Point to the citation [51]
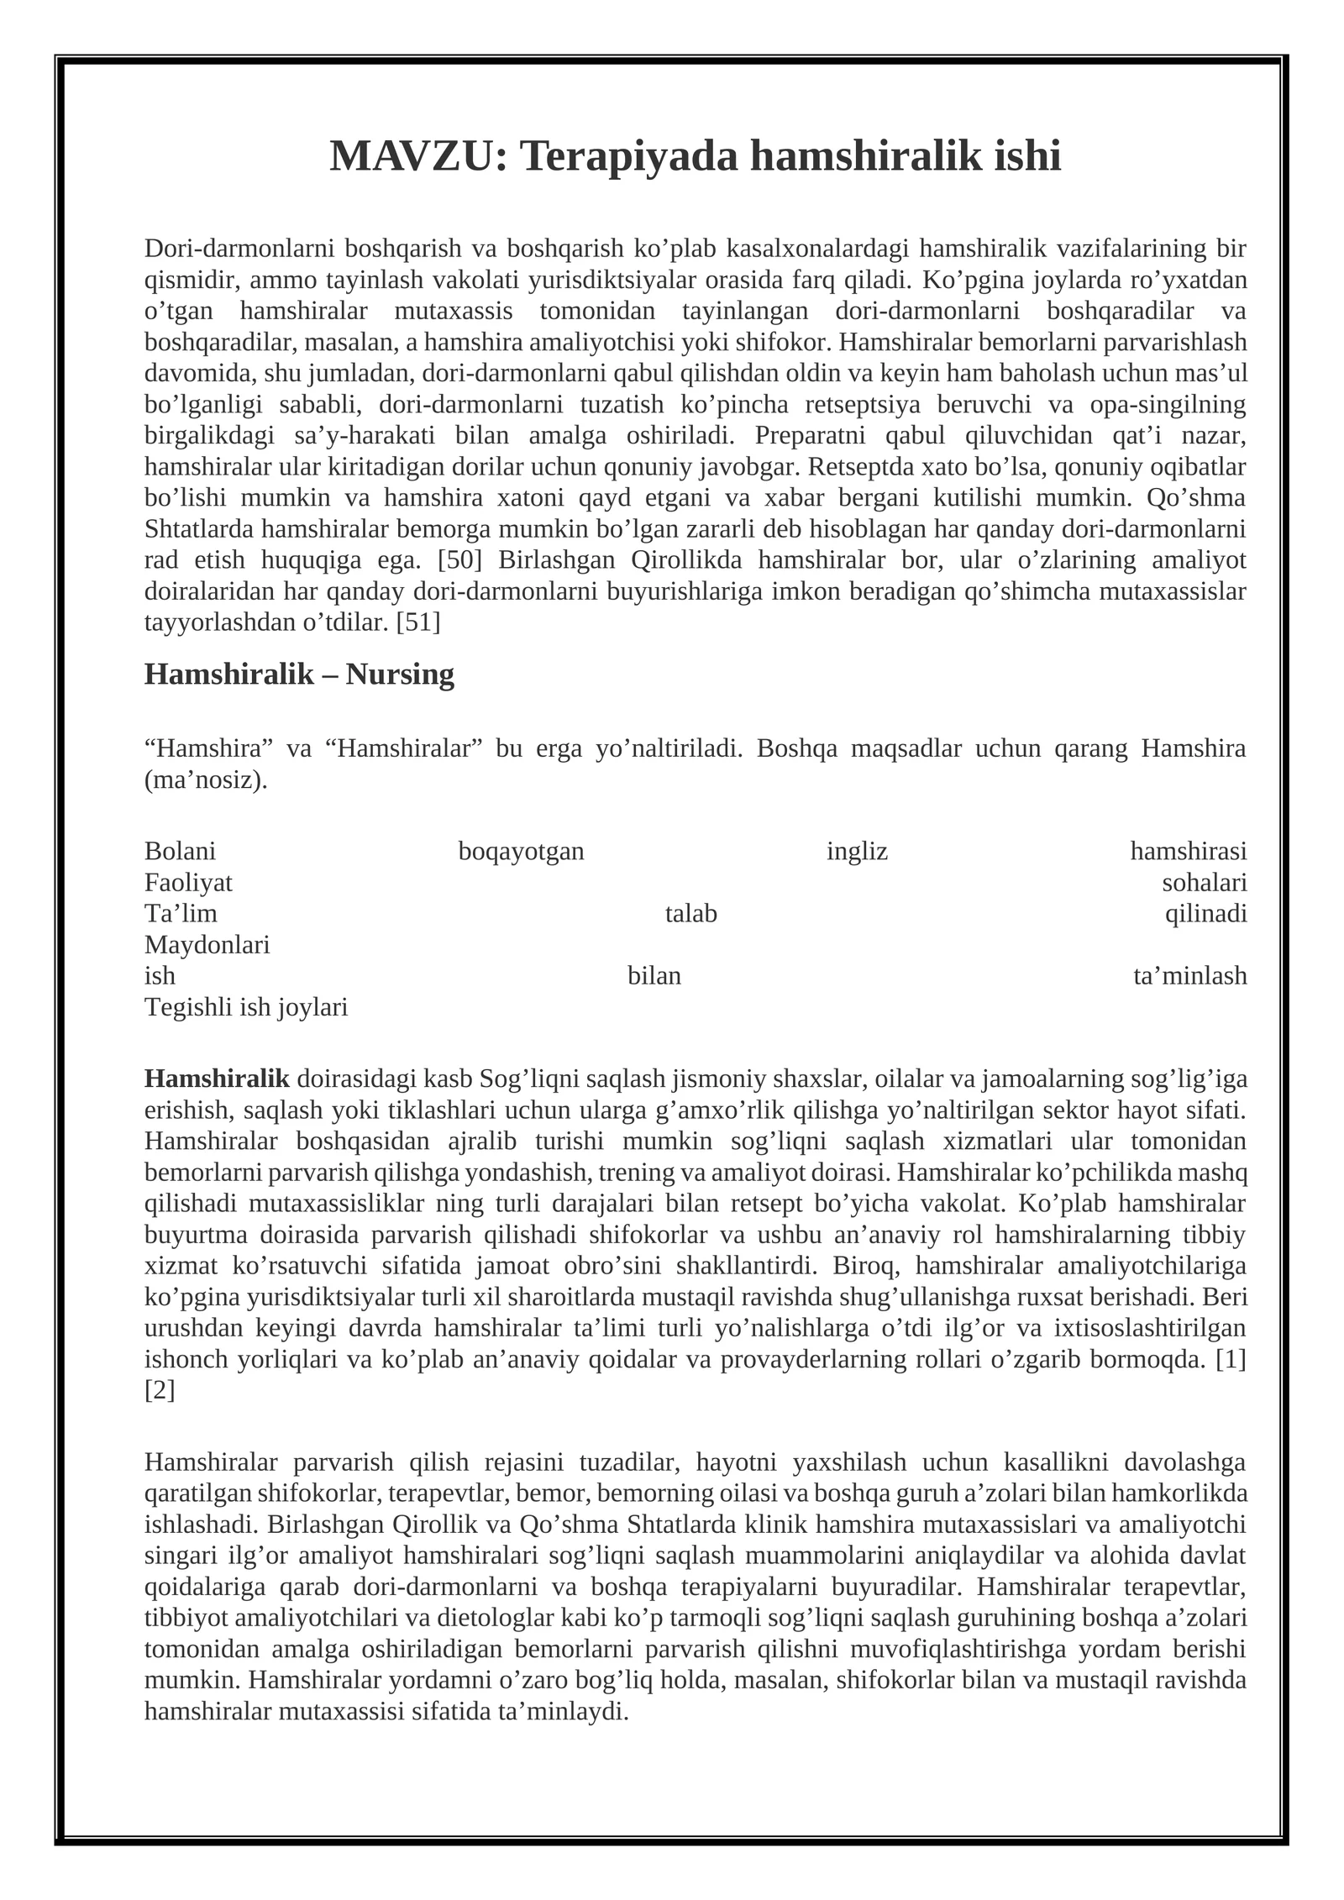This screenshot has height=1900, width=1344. [x=417, y=622]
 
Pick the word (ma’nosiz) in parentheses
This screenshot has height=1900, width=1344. [x=206, y=779]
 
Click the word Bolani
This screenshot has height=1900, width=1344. [x=180, y=851]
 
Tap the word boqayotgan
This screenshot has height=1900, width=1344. [x=521, y=851]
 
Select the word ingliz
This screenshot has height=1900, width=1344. [x=857, y=851]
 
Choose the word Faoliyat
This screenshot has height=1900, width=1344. [x=188, y=883]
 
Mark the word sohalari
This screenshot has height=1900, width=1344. [x=1204, y=883]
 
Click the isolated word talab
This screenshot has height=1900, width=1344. [x=690, y=914]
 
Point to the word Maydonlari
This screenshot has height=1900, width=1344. [x=207, y=945]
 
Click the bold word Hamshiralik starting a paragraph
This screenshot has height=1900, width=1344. [x=217, y=1079]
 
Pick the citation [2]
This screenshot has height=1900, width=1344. [x=160, y=1390]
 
